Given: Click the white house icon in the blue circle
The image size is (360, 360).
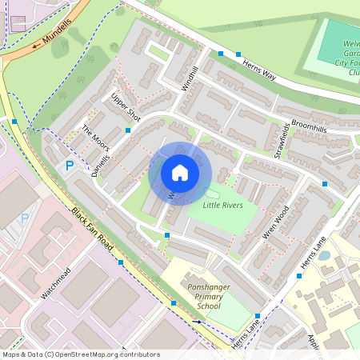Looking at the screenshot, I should [180, 173].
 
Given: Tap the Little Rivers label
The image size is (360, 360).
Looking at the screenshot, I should [222, 206].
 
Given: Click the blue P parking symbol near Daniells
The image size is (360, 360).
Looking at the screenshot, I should [70, 166].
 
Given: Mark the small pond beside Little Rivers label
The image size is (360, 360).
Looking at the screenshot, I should [213, 193].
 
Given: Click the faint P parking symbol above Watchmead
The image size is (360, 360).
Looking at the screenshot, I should [24, 218].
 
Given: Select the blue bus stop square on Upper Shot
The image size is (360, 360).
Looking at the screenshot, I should [129, 130].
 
